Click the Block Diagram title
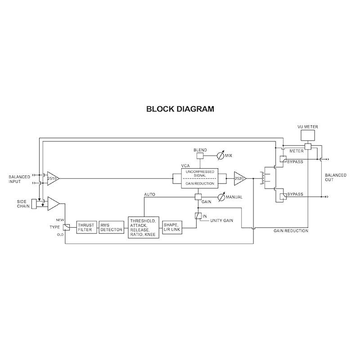180,109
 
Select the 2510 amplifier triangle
52,178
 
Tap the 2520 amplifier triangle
240,178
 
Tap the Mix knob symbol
220,156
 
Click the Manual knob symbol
220,197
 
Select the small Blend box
199,156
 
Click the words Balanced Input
19,179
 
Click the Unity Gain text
221,220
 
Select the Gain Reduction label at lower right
291,231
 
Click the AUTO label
149,194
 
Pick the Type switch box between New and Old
66,227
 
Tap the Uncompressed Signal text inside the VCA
199,174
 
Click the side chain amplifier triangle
53,203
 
